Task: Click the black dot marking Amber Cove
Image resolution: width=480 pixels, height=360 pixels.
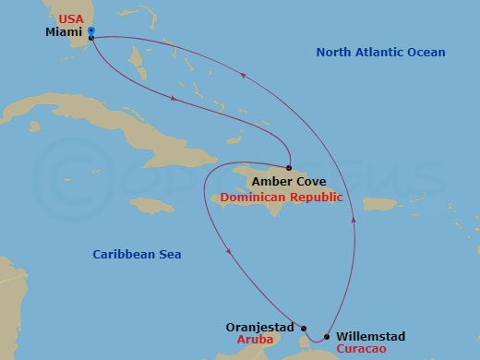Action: tap(289, 168)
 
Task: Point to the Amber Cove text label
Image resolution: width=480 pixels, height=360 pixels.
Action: tap(288, 183)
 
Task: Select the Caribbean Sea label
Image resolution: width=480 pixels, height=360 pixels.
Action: tap(138, 254)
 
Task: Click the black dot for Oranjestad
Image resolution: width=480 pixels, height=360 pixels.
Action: tap(302, 327)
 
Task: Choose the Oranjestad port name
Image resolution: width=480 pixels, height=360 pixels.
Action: tap(259, 327)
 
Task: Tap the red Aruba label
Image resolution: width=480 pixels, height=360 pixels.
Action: tap(275, 341)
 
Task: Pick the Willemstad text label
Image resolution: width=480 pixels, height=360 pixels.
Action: tap(370, 336)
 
